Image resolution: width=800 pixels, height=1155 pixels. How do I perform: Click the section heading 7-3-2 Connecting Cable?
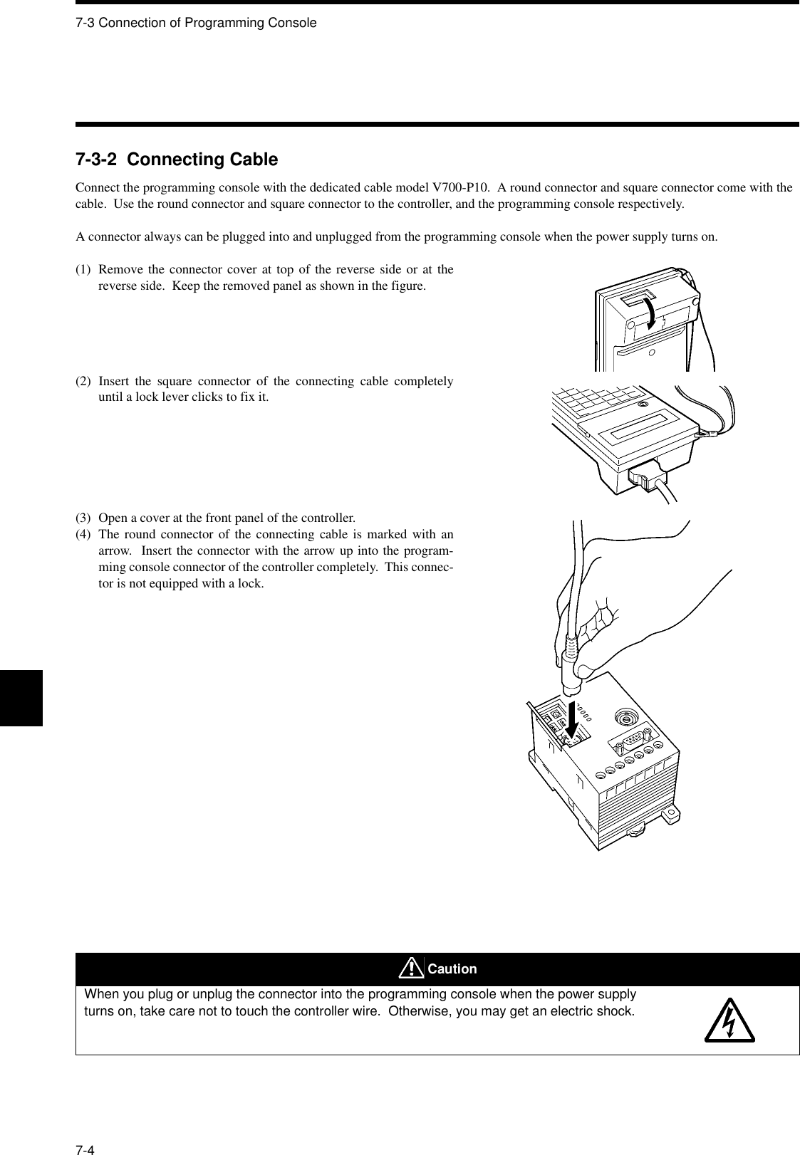(x=177, y=160)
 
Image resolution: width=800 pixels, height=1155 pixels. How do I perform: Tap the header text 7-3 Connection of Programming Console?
(x=196, y=23)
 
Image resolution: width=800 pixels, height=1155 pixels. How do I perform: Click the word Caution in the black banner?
(x=453, y=969)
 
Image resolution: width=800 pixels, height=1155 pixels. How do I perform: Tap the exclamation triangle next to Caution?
(x=411, y=968)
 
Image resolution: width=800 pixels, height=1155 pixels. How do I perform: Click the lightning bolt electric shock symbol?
(x=729, y=1023)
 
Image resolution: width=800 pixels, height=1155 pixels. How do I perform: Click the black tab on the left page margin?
(x=21, y=697)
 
